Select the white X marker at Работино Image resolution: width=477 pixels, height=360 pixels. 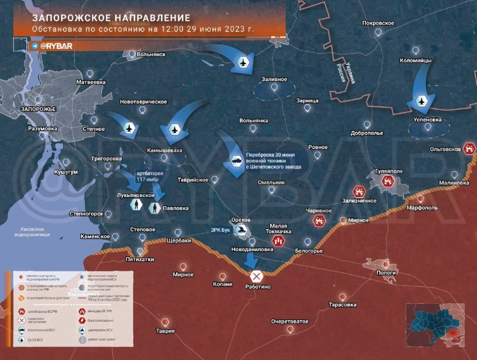coord(256,276)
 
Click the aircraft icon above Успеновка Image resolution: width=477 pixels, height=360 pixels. coord(421,101)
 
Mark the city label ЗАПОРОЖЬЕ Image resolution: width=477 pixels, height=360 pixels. coord(38,109)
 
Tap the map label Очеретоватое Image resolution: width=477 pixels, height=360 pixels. coord(290,321)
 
